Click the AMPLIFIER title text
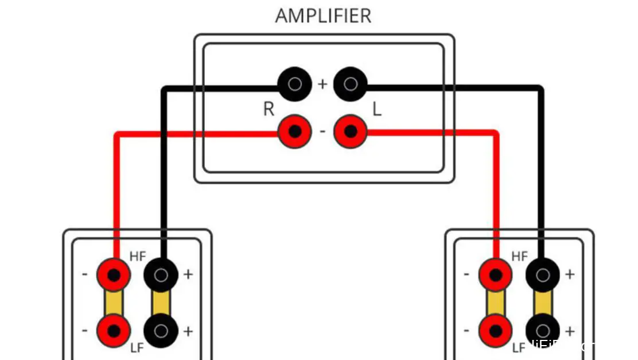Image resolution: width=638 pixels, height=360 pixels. point(323,16)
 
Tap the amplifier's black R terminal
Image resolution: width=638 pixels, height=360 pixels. point(294,84)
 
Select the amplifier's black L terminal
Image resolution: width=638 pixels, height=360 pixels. point(350,84)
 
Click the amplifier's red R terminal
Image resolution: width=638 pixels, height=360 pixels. point(294,131)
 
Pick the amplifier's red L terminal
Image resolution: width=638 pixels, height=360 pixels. point(350,131)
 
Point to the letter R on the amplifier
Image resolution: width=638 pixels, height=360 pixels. point(269,109)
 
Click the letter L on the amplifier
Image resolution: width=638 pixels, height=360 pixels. point(377,109)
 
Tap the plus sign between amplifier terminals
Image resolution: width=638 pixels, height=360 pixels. point(322,84)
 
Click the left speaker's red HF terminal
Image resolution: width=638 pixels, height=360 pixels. point(114,274)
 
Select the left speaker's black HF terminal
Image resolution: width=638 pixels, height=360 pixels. point(161,274)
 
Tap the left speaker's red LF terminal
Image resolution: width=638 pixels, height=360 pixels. point(114,331)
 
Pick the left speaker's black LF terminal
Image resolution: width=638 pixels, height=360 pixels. point(161,331)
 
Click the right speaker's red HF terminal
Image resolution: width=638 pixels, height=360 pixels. point(495,274)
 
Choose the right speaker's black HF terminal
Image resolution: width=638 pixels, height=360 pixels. point(543,274)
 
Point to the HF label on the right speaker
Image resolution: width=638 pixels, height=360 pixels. point(519,257)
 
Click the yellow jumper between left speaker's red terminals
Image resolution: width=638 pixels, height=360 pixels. point(114,303)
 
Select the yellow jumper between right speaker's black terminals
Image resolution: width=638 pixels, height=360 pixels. point(543,303)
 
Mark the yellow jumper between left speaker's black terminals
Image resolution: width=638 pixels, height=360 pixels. point(161,303)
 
